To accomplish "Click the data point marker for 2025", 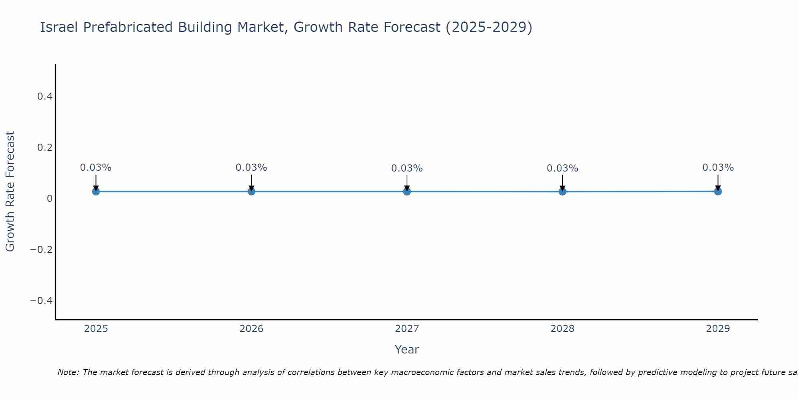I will point(96,192).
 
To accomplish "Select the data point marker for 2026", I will point(251,192).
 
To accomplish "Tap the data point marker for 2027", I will point(407,192).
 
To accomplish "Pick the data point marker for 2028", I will point(562,192).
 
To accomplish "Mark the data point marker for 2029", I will point(718,192).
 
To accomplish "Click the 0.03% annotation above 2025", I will point(96,168).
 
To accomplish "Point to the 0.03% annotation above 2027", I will point(407,168).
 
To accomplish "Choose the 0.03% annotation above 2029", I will point(718,168).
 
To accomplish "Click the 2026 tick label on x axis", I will point(251,329).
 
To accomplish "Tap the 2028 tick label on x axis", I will point(562,329).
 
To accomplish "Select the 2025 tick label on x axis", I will point(96,329).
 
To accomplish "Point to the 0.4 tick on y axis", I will point(45,97).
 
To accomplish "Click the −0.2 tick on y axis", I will point(41,250).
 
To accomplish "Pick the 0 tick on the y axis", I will point(49,199).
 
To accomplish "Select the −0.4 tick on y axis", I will point(41,300).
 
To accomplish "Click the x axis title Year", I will point(407,350).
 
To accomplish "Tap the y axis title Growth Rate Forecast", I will point(10,192).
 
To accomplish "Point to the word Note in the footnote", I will point(68,372).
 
